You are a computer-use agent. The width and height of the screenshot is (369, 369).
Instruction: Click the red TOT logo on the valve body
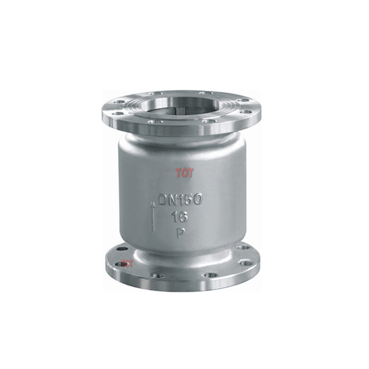click(184, 173)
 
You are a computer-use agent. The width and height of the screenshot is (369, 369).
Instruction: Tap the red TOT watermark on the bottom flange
click(127, 263)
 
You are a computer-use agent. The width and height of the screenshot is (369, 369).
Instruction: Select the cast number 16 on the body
click(180, 217)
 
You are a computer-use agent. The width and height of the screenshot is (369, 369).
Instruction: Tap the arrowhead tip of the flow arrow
click(153, 203)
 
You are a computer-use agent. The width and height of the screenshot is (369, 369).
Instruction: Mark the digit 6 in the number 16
click(184, 217)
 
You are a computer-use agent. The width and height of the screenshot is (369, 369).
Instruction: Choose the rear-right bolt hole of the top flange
click(206, 93)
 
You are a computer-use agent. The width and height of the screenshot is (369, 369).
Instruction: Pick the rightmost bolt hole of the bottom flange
click(246, 263)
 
